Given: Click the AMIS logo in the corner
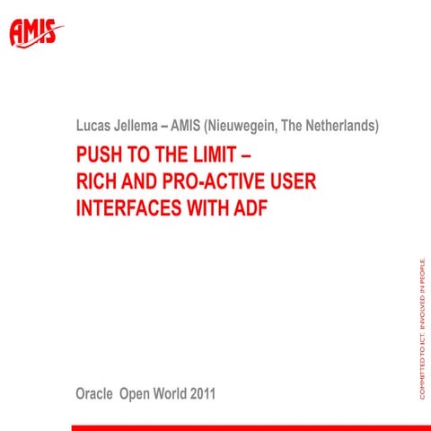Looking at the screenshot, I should click(36, 33).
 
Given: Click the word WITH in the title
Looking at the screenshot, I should click(204, 210).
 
